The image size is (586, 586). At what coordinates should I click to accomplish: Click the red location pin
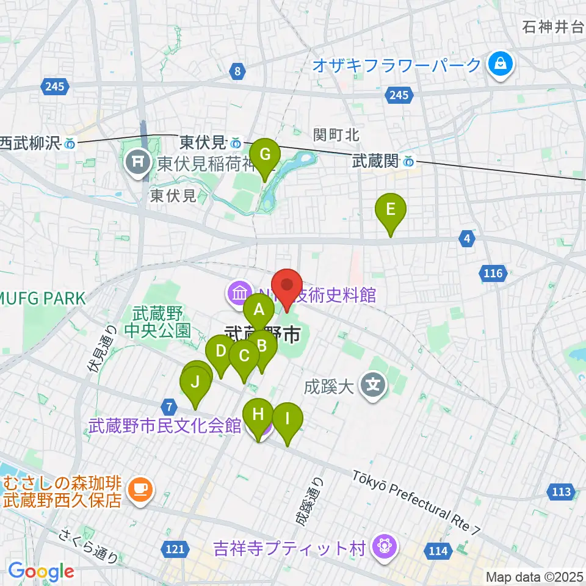click(x=286, y=286)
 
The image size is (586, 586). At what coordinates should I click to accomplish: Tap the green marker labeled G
click(x=265, y=156)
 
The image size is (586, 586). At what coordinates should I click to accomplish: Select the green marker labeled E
click(x=391, y=211)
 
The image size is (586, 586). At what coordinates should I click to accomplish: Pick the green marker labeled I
click(x=287, y=420)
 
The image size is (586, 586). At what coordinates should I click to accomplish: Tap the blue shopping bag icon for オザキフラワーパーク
click(x=501, y=63)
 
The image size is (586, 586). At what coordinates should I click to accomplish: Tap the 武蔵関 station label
click(x=375, y=161)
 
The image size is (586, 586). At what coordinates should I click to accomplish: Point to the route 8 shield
click(x=237, y=72)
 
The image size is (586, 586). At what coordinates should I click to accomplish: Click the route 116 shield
click(x=493, y=273)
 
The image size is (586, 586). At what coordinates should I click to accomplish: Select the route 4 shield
click(x=467, y=240)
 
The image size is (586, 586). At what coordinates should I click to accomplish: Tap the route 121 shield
click(x=175, y=549)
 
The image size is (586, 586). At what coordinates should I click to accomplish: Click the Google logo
click(x=41, y=571)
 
